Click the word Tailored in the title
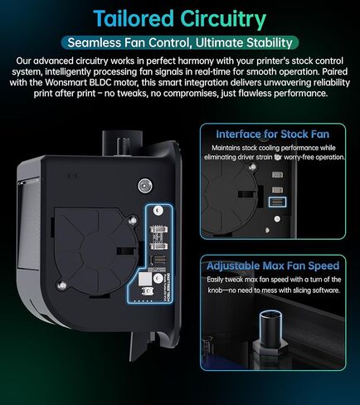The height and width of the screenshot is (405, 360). pos(134,18)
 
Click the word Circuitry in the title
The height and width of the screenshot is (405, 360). pos(223,19)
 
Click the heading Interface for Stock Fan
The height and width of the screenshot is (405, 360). pos(272,134)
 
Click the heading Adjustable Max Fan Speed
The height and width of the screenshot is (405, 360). pos(273,266)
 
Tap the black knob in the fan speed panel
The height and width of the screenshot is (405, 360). pos(270,329)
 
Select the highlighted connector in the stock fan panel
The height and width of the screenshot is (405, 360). pos(277,202)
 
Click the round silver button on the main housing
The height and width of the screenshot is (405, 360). pos(145,186)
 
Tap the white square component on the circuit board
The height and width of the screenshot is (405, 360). pos(145,279)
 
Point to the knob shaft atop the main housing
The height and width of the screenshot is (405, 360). pos(123,145)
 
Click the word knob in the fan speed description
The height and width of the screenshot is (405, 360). pos(215,290)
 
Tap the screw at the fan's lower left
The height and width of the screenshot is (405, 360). pos(61,285)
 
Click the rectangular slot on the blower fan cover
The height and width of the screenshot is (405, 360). pos(126,251)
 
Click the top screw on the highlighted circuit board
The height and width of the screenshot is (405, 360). pos(158,211)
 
